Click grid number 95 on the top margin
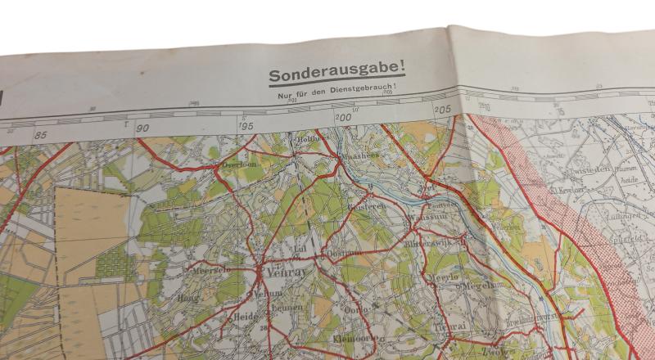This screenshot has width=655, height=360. click(247, 125)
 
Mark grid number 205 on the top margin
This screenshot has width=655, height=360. click(443, 109)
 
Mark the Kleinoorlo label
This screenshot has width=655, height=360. click(355, 337)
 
